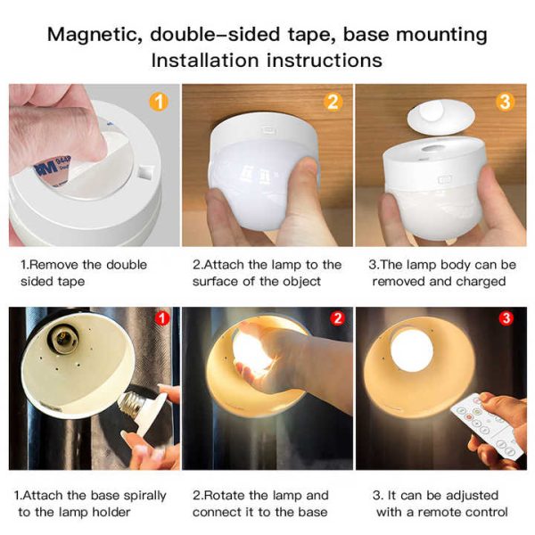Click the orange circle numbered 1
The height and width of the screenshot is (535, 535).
[x=159, y=102]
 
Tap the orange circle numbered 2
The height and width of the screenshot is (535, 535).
[x=333, y=102]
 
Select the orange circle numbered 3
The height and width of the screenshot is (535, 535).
[x=505, y=102]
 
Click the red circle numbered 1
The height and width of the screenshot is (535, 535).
[x=162, y=318]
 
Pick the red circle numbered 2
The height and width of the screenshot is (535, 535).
[x=337, y=318]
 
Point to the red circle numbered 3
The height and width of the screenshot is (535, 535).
[x=506, y=318]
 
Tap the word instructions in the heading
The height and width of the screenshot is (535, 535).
[x=325, y=61]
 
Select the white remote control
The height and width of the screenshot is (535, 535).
[x=488, y=425]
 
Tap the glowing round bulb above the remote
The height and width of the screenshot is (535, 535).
[x=411, y=350]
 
